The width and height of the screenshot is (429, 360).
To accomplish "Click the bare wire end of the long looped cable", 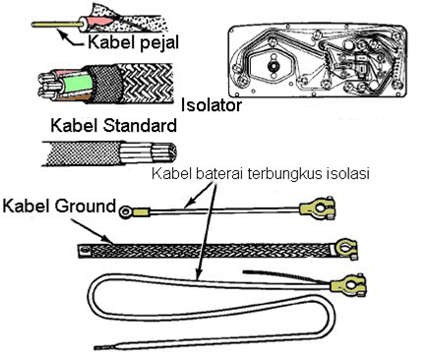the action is [106, 346].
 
